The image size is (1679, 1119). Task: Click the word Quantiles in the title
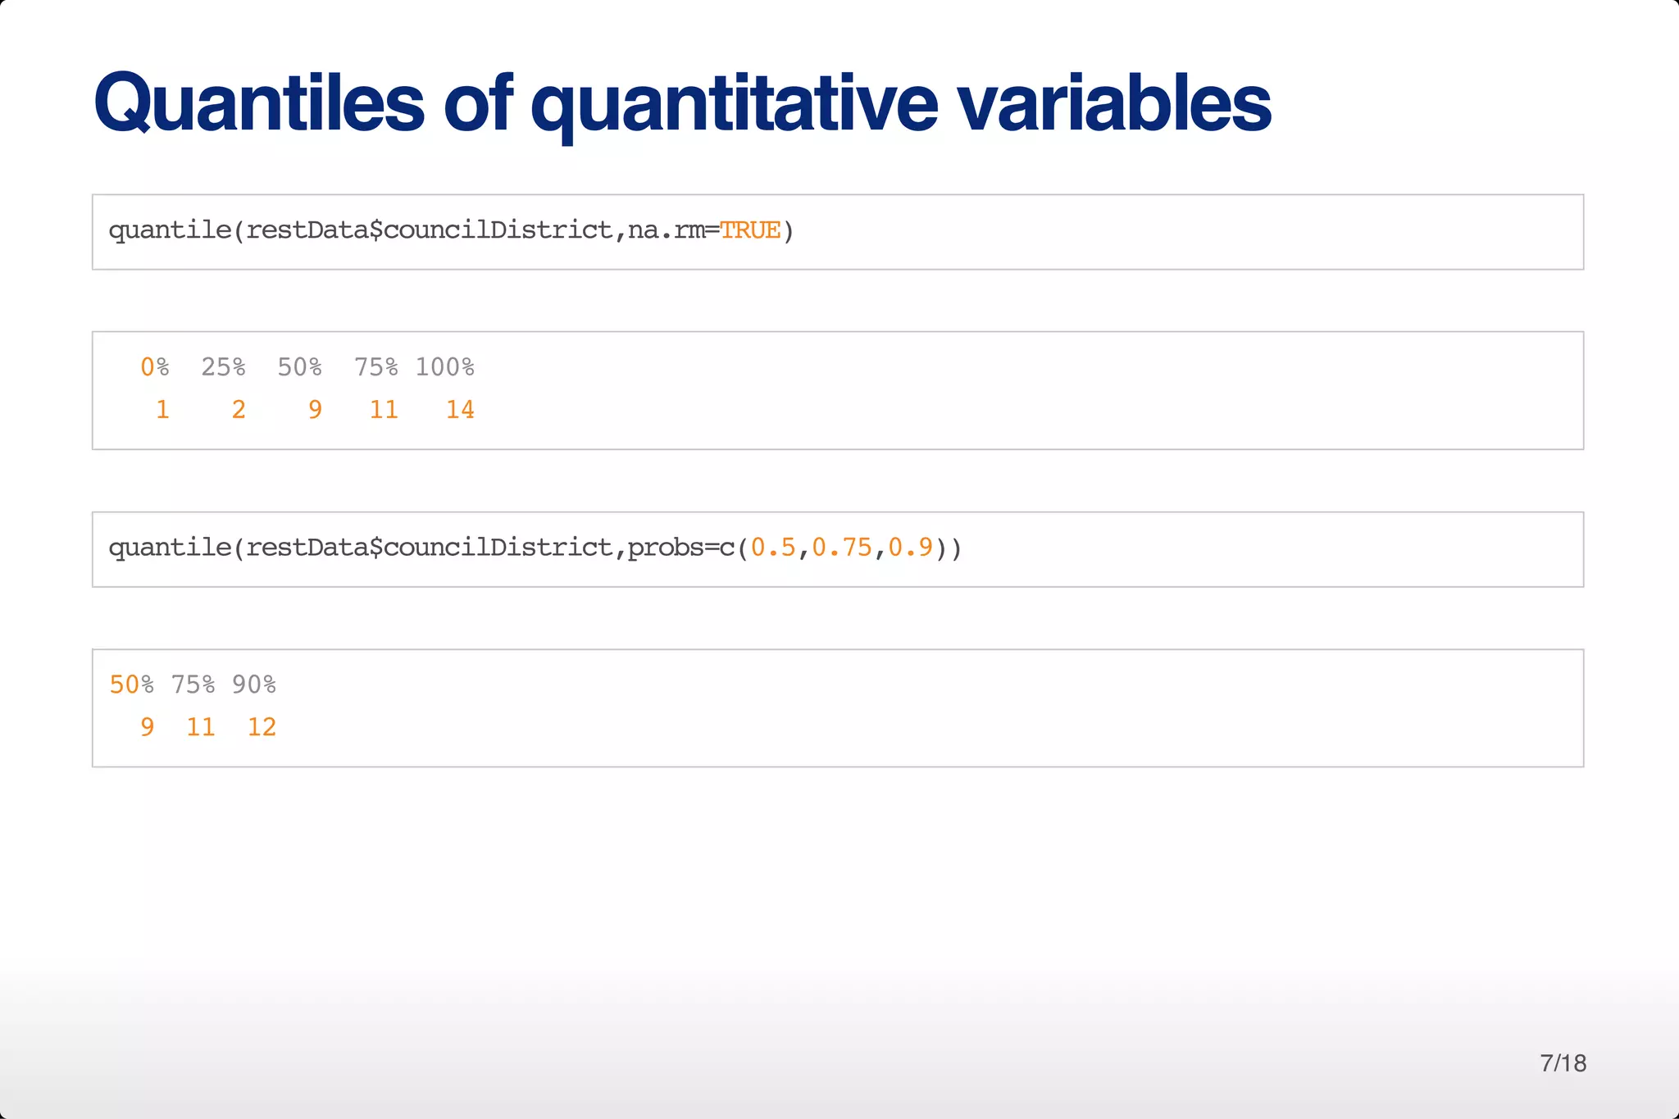click(x=259, y=104)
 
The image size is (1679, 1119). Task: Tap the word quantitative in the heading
click(x=735, y=104)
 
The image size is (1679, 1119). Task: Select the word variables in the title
click(x=1114, y=104)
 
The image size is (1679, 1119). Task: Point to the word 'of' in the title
click(x=478, y=104)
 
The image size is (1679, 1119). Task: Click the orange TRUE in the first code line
click(x=750, y=230)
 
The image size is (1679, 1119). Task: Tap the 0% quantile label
click(x=155, y=367)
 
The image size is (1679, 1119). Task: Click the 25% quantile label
click(x=223, y=367)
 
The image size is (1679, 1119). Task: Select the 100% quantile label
click(x=444, y=367)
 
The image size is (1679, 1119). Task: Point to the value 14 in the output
click(x=460, y=409)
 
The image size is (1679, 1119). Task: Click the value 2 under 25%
click(x=239, y=409)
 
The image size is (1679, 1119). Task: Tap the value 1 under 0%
click(x=162, y=409)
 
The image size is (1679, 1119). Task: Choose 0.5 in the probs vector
click(x=773, y=548)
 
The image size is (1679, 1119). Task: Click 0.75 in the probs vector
click(x=842, y=548)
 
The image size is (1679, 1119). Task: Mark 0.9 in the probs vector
click(x=911, y=548)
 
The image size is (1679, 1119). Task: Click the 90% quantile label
click(x=254, y=685)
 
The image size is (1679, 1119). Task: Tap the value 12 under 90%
click(x=262, y=727)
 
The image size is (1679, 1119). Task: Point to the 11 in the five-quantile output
click(x=384, y=409)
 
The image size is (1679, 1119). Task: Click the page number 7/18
click(x=1563, y=1063)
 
